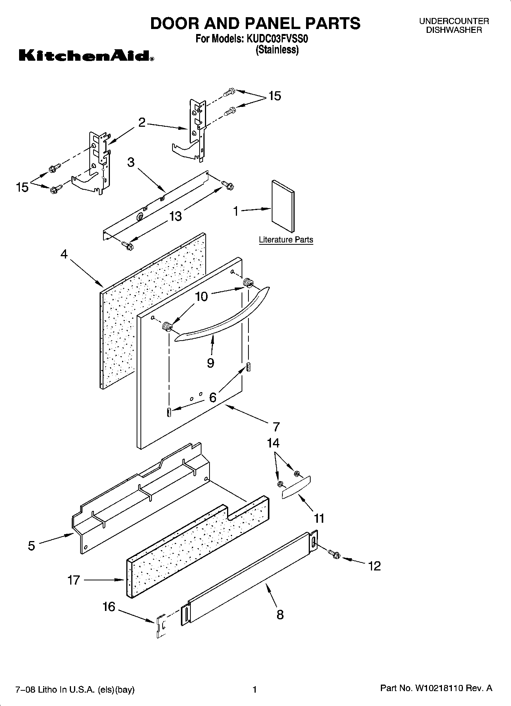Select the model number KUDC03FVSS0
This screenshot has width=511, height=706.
pos(277,39)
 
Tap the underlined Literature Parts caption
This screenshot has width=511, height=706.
pos(286,240)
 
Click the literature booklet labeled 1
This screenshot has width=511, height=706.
pos(283,206)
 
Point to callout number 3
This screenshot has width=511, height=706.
pos(131,162)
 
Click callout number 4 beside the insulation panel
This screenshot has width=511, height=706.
pos(64,254)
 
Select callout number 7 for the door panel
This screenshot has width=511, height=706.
pos(276,426)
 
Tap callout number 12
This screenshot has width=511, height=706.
pos(375,566)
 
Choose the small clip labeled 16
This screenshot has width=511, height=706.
pos(161,626)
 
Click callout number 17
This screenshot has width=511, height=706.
pos(73,580)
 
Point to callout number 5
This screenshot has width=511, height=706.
pos(31,546)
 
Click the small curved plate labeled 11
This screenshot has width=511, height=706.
pos(296,487)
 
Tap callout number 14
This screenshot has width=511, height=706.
pos(273,443)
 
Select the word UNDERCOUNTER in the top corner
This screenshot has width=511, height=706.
pos(454,21)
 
